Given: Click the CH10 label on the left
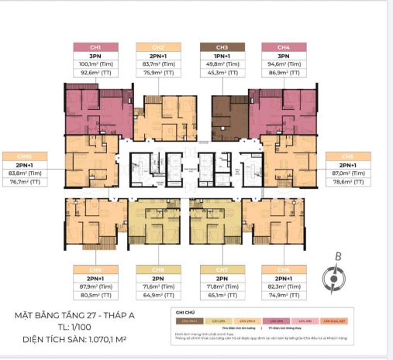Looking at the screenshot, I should click(x=29, y=155).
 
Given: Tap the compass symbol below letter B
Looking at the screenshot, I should click(x=333, y=277).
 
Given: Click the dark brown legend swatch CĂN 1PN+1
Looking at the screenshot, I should click(x=186, y=321).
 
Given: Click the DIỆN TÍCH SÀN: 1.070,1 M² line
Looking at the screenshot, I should click(x=85, y=339).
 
